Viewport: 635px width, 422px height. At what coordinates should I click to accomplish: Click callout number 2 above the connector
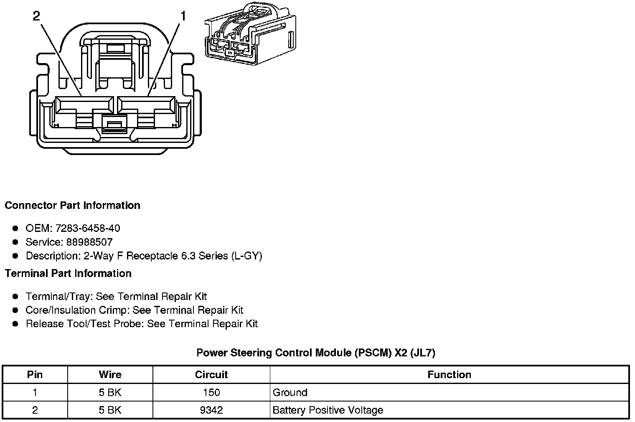pyautogui.click(x=36, y=16)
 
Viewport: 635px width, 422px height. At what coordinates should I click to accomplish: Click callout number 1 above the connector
pyautogui.click(x=183, y=16)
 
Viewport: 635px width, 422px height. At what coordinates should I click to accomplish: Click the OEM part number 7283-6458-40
pyautogui.click(x=88, y=228)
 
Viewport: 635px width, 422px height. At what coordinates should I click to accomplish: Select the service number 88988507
pyautogui.click(x=89, y=242)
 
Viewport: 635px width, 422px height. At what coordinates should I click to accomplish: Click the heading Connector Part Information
pyautogui.click(x=72, y=206)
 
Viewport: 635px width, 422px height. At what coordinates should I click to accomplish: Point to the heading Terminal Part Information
pyautogui.click(x=68, y=274)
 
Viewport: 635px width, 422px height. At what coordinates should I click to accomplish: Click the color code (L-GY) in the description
pyautogui.click(x=246, y=256)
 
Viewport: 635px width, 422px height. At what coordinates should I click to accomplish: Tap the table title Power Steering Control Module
pyautogui.click(x=316, y=353)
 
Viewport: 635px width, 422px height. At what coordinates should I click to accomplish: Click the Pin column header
pyautogui.click(x=35, y=375)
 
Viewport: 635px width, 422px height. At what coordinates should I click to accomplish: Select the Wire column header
pyautogui.click(x=110, y=375)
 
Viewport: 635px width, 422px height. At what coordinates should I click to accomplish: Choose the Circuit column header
pyautogui.click(x=211, y=375)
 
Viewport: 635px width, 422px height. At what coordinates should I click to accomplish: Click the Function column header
pyautogui.click(x=449, y=375)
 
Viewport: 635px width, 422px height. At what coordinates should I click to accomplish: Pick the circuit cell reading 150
pyautogui.click(x=211, y=393)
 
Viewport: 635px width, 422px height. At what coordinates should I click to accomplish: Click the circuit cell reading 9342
pyautogui.click(x=211, y=410)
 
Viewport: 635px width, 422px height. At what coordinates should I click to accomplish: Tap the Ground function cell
pyautogui.click(x=290, y=393)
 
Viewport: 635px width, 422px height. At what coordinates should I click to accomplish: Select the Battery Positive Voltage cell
pyautogui.click(x=328, y=410)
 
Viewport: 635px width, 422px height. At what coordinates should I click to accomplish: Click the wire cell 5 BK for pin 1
pyautogui.click(x=110, y=393)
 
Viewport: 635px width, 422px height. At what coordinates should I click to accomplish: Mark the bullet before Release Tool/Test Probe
pyautogui.click(x=15, y=324)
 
